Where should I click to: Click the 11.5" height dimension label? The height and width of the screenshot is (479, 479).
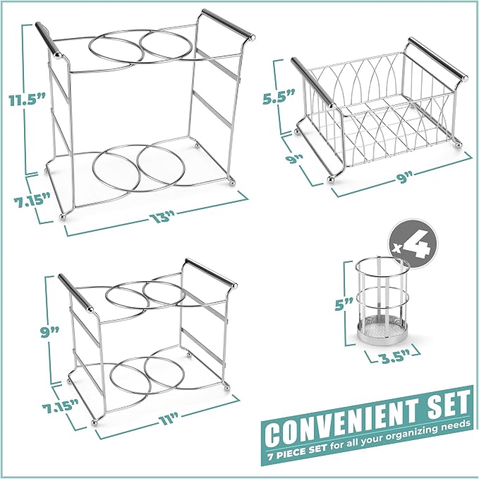coord(27,100)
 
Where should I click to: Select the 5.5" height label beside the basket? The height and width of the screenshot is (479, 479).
coord(279,97)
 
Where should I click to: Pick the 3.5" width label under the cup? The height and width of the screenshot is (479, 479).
coord(392,357)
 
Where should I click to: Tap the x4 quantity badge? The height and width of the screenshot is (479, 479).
coord(413,243)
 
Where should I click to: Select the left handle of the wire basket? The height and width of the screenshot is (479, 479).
coord(313,82)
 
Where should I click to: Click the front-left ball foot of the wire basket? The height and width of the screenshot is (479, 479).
coord(331,180)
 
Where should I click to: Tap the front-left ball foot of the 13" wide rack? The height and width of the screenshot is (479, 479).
coord(62,217)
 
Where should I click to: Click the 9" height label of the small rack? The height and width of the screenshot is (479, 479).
coord(50,332)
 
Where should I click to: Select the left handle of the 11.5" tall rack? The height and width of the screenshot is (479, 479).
coord(49,40)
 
